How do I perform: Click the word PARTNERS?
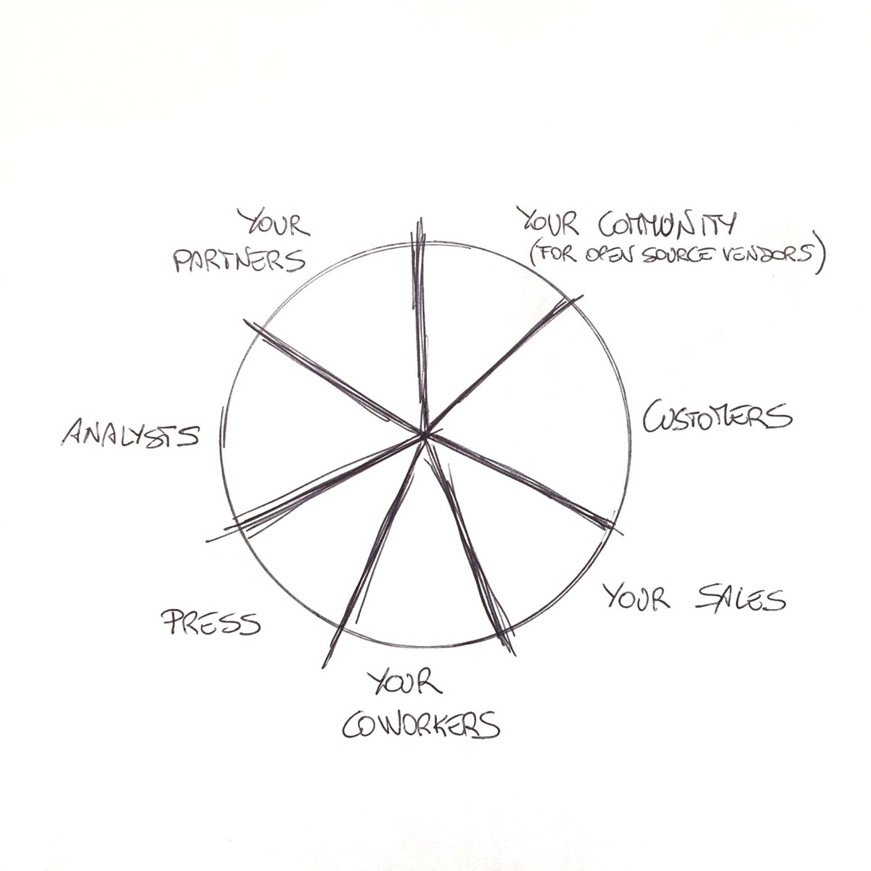240,260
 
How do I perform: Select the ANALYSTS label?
131,433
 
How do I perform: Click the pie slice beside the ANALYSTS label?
290,435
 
